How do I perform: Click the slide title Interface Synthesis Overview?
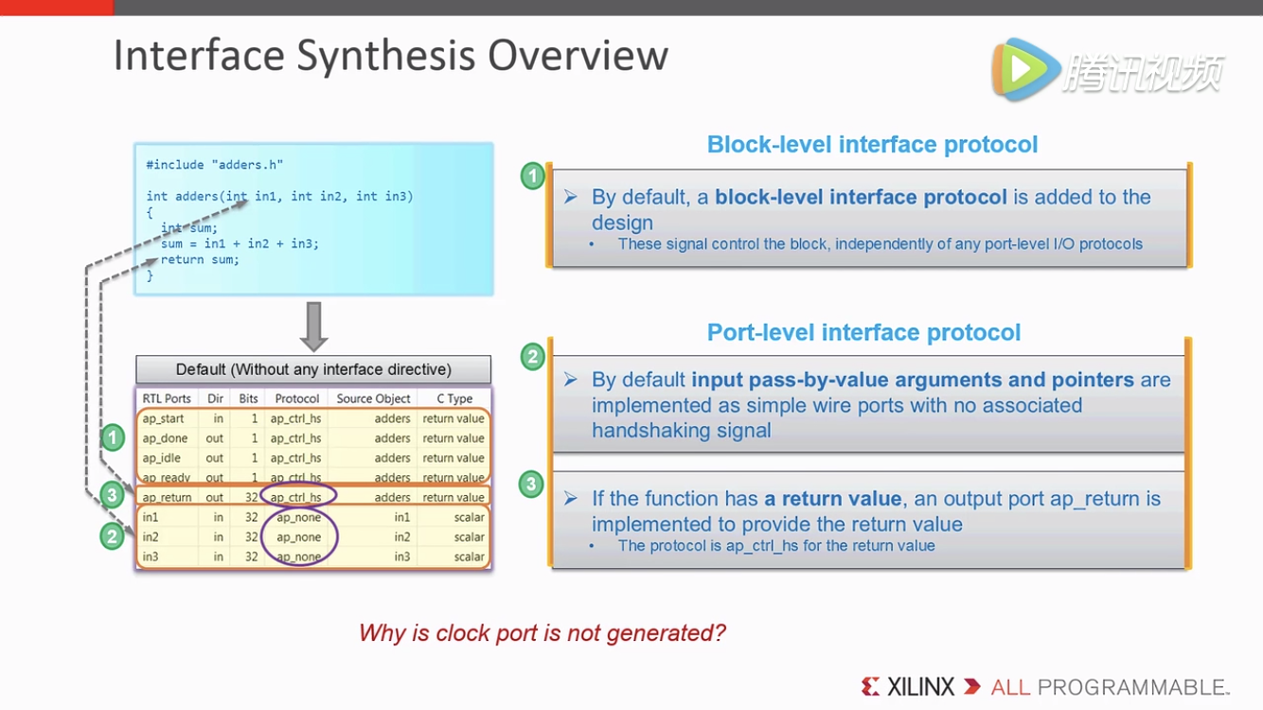pos(390,55)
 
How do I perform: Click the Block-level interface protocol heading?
pos(872,145)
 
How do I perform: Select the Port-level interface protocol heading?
pos(863,333)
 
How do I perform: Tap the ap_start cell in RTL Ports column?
pos(164,418)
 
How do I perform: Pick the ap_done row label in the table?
pos(165,438)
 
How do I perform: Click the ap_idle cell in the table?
pos(162,458)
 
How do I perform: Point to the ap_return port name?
pos(167,497)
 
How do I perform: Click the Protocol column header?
pos(296,399)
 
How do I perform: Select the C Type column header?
pos(454,399)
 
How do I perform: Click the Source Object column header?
pos(373,399)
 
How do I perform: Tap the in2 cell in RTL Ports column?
pos(151,537)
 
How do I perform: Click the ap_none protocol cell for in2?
pos(299,537)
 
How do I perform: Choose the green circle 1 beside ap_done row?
pos(113,437)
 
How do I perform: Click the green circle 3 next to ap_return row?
pos(113,494)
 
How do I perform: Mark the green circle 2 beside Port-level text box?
pos(532,357)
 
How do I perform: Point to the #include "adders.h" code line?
pos(215,165)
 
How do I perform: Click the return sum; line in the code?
pos(200,259)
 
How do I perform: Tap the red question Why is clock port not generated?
pos(542,632)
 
